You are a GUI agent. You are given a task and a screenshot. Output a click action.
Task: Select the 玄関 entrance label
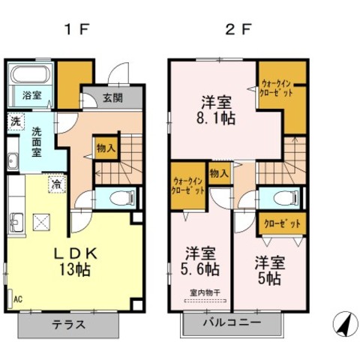pos(113,97)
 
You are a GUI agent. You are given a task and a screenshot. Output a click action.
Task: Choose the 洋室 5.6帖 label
pos(199,260)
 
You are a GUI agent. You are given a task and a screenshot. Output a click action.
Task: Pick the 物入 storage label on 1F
pos(106,148)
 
